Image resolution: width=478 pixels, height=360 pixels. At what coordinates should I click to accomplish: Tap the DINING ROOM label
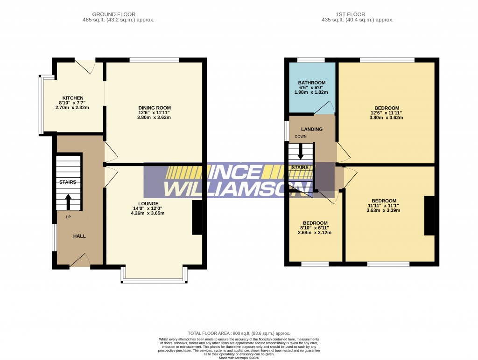click(x=154, y=107)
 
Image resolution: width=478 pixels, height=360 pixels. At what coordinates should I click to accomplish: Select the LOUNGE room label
click(x=148, y=203)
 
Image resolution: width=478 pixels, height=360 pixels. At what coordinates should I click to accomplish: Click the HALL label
click(x=79, y=236)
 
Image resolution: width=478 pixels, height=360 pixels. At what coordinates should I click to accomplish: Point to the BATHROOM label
click(x=312, y=83)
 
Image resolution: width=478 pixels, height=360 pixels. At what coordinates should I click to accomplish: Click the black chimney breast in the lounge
click(x=197, y=217)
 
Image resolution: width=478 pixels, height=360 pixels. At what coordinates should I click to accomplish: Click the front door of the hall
click(x=80, y=261)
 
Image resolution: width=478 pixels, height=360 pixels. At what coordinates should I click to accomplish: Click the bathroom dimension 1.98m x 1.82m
click(x=312, y=92)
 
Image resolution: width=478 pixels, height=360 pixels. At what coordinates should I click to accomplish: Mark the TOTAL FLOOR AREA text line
click(x=239, y=333)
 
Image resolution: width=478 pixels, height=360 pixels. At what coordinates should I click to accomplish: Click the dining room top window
click(x=154, y=60)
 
